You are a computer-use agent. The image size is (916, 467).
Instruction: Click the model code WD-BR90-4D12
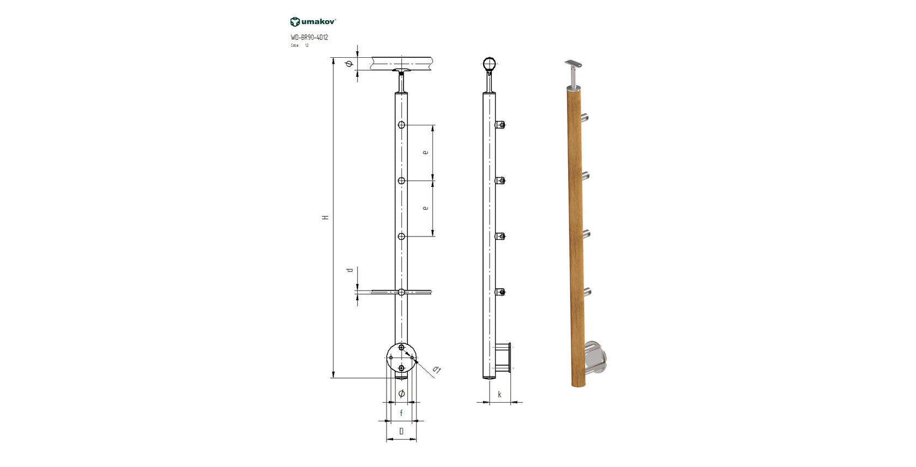tap(309, 38)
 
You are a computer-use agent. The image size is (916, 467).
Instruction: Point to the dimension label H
tap(326, 217)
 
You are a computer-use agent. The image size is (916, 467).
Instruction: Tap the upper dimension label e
tap(425, 153)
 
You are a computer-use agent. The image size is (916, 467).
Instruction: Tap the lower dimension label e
tap(425, 208)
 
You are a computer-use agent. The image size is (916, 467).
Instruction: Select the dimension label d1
tap(436, 370)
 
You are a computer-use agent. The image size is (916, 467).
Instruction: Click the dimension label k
tap(499, 395)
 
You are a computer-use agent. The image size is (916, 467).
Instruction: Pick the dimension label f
tap(401, 413)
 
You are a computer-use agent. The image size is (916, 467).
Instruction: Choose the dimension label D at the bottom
tap(401, 432)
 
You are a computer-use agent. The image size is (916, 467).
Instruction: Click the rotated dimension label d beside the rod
tap(350, 270)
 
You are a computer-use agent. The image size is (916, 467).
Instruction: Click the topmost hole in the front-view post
tap(401, 125)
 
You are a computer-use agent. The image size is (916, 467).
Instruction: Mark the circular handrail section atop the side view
tap(490, 64)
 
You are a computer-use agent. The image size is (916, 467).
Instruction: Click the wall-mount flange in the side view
tap(504, 358)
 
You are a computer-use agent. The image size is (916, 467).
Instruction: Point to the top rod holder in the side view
tap(501, 125)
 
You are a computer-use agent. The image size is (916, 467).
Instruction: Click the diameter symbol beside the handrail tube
tap(350, 64)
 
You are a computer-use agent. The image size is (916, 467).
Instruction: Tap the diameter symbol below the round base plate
tap(401, 393)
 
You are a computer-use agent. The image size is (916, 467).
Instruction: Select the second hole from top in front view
tap(401, 181)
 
